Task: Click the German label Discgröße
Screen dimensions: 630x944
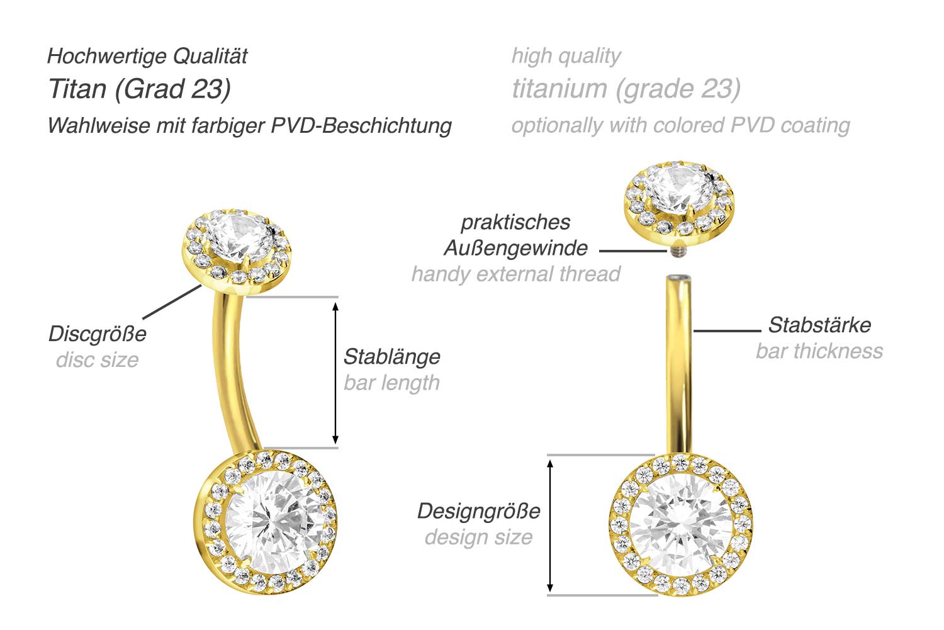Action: pyautogui.click(x=98, y=334)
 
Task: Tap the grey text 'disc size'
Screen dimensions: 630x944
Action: pyautogui.click(x=98, y=360)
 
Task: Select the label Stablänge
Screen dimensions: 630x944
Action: pyautogui.click(x=392, y=356)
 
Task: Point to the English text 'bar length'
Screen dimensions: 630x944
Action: pyautogui.click(x=392, y=383)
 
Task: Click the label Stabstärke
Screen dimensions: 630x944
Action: pyautogui.click(x=819, y=325)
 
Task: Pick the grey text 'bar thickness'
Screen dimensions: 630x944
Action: pyautogui.click(x=819, y=351)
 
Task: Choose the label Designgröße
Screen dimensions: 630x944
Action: pyautogui.click(x=478, y=510)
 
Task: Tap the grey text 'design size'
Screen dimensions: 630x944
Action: pyautogui.click(x=478, y=537)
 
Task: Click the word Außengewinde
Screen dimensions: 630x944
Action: pyautogui.click(x=516, y=248)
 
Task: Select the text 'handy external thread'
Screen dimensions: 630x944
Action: pyautogui.click(x=516, y=274)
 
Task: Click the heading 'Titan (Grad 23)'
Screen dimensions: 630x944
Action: pyautogui.click(x=140, y=89)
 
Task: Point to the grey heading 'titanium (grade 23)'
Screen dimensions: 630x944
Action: pyautogui.click(x=626, y=89)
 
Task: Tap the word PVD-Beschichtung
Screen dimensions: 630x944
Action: pyautogui.click(x=361, y=125)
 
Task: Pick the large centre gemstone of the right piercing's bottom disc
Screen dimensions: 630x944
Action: pyautogui.click(x=680, y=525)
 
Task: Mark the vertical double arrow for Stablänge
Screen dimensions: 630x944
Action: pyautogui.click(x=335, y=373)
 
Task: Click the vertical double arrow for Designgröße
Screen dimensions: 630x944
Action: pyautogui.click(x=550, y=525)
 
